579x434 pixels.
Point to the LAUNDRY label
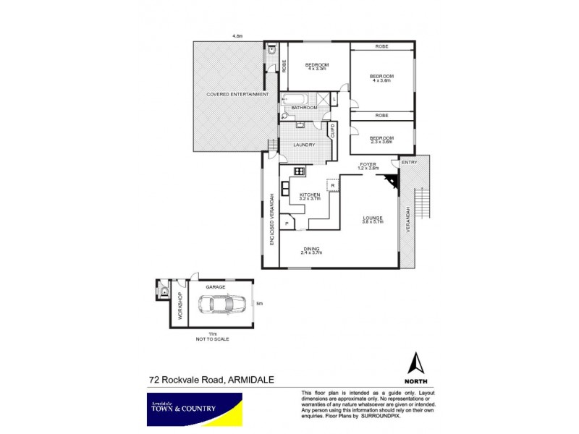pyautogui.click(x=303, y=145)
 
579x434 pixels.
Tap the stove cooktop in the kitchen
pyautogui.click(x=297, y=171)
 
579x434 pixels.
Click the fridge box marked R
pyautogui.click(x=332, y=186)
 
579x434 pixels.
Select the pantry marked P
pyautogui.click(x=287, y=224)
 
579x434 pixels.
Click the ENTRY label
pyautogui.click(x=409, y=162)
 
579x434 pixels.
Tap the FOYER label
pyautogui.click(x=369, y=165)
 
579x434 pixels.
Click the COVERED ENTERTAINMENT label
pyautogui.click(x=237, y=95)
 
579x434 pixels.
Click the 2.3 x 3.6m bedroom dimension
pyautogui.click(x=381, y=142)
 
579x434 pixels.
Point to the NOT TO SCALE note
pyautogui.click(x=212, y=339)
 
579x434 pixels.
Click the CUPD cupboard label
pyautogui.click(x=334, y=132)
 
